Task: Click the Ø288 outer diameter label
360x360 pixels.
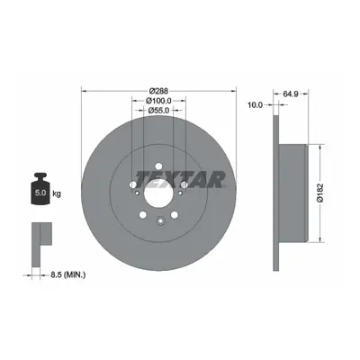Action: coord(159,91)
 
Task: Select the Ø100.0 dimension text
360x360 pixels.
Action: coord(158,101)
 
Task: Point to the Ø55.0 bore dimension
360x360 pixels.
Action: coord(159,111)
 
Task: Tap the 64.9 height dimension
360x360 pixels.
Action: coord(291,94)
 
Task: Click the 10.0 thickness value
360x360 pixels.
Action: coord(255,104)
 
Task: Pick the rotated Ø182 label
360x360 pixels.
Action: coord(320,193)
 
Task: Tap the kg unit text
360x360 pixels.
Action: coord(57,193)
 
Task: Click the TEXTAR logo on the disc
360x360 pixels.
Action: coord(180,180)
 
